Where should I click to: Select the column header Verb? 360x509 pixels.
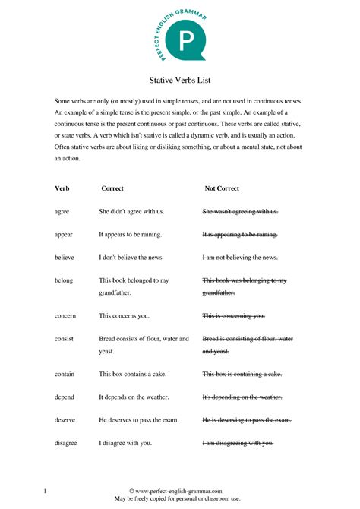(x=62, y=188)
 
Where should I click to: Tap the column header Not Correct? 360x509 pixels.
(x=226, y=188)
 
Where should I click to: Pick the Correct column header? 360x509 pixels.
(x=112, y=188)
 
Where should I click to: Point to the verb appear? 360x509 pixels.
(x=64, y=235)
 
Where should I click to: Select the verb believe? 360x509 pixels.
(x=65, y=258)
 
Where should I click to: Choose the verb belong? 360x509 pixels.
(x=64, y=280)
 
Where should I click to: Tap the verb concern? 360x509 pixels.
(x=65, y=315)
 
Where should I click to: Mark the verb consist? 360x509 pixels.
(x=65, y=339)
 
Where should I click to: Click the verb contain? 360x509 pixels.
(x=65, y=374)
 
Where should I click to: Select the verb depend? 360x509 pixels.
(x=65, y=397)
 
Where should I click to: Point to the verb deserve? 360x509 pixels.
(x=65, y=420)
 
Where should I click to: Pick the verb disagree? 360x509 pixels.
(x=67, y=443)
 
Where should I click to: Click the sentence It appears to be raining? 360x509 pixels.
(x=130, y=235)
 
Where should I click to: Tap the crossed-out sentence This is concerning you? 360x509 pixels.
(x=234, y=315)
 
